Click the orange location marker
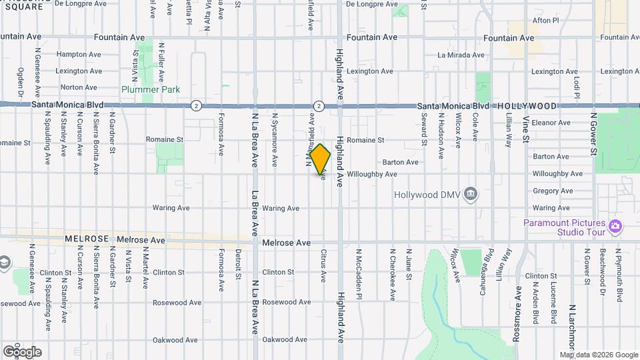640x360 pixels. pos(321,160)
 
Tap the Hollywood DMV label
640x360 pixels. pos(426,195)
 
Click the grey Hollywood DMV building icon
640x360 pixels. pos(471,194)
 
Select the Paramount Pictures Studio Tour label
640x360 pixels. pos(564,227)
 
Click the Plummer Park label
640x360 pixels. pos(151,89)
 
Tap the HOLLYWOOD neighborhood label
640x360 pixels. pos(527,106)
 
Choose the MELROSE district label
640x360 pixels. pos(87,239)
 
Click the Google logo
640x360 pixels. pos(22,351)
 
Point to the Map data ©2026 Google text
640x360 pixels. pos(598,355)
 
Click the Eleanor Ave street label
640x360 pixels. pos(551,123)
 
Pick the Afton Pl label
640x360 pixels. pos(545,21)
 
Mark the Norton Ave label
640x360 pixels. pos(79,87)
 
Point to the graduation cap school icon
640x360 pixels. pos(4,263)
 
